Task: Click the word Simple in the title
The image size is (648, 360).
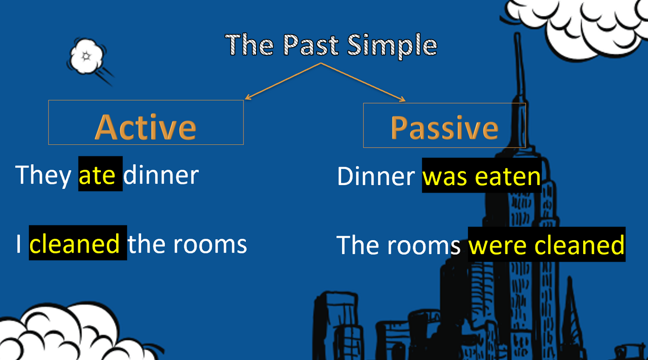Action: (x=392, y=46)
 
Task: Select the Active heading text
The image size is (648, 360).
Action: (x=145, y=127)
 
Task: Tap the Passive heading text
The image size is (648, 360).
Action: (x=445, y=128)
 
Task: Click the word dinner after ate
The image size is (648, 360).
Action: (x=161, y=174)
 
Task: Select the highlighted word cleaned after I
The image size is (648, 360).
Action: (x=75, y=244)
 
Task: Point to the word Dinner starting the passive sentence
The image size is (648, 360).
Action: (x=376, y=176)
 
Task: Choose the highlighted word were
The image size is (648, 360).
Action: (x=497, y=246)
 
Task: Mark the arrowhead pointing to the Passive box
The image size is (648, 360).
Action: (x=402, y=99)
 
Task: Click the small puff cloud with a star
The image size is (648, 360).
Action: (x=87, y=56)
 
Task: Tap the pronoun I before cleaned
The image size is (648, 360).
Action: (x=19, y=244)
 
